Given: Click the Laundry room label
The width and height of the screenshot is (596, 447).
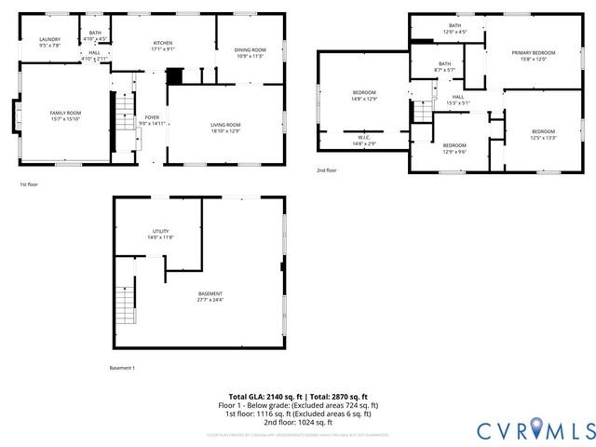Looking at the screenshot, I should point(49,42).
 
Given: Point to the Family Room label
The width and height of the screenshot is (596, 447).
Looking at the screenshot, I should point(65,115).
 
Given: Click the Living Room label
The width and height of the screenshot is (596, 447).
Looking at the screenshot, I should point(225,128).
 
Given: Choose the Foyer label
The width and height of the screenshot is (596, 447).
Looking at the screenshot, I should point(151,120).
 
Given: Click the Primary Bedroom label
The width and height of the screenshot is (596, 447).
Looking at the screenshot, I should point(533,55).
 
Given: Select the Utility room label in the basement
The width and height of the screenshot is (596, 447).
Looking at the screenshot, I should point(161,234).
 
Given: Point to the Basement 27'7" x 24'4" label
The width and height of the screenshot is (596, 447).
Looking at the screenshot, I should point(210,297).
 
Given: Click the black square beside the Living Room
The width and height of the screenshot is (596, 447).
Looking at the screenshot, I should point(173,75).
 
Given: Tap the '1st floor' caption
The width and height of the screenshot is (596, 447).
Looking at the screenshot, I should point(29,184).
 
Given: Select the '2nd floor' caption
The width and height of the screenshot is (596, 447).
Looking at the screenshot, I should point(326,170).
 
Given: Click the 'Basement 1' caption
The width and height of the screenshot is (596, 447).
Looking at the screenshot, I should point(122,368).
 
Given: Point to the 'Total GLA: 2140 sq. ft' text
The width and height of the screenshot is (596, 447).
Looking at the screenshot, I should point(263,397).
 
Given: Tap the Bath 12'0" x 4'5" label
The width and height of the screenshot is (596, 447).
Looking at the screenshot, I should point(454,29).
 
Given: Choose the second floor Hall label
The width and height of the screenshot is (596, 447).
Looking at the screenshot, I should point(457,100).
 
